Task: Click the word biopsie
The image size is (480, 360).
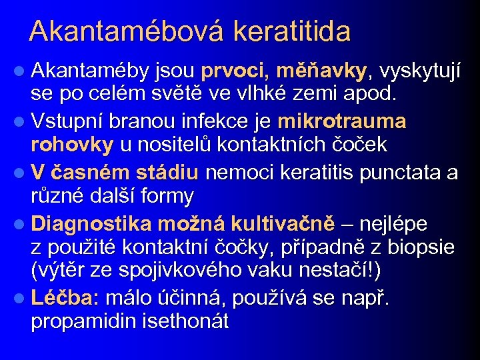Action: (x=421, y=247)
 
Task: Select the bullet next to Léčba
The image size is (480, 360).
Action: (x=21, y=297)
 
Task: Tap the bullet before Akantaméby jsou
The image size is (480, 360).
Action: (x=21, y=71)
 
